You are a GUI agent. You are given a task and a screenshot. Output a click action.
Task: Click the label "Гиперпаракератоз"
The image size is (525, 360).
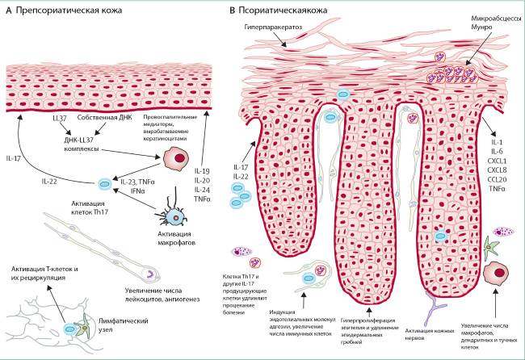[273, 27]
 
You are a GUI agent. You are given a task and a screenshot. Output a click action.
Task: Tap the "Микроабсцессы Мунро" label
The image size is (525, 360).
[496, 23]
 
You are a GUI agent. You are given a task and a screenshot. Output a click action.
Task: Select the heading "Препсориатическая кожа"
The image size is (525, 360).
[69, 10]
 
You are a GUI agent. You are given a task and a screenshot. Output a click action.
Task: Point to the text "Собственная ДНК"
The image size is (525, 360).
[105, 117]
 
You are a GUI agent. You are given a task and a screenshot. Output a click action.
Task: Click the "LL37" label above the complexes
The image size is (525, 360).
[60, 118]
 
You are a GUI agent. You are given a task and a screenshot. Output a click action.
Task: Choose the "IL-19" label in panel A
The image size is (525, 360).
[202, 171]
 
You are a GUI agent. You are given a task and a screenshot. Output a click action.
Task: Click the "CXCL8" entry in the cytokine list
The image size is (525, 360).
[497, 170]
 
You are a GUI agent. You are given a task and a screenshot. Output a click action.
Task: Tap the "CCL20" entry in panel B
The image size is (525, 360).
[497, 179]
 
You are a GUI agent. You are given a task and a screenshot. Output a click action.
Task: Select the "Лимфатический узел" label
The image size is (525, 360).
[124, 325]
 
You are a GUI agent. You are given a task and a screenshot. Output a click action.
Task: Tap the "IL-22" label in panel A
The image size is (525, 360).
[49, 182]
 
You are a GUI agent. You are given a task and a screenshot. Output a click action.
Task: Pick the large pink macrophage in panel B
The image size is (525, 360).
[496, 274]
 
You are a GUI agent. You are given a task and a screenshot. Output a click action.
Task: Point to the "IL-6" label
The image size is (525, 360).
[498, 151]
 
